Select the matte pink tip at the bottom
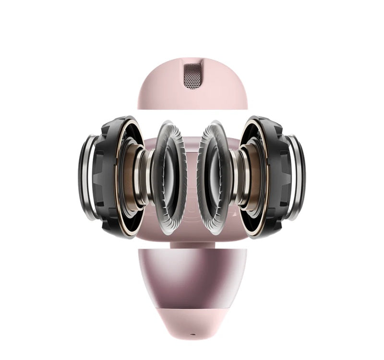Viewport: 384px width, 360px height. [192, 319]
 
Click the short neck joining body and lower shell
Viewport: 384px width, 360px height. [192, 245]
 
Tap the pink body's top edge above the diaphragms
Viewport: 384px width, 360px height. [192, 140]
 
